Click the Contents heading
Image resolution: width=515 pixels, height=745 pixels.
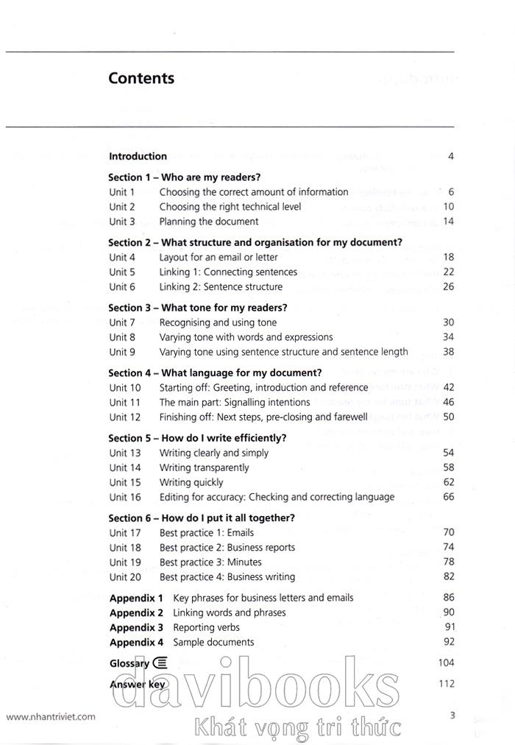point(141,78)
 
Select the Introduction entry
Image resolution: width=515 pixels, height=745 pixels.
point(138,156)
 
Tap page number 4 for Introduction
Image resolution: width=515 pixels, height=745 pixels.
point(450,156)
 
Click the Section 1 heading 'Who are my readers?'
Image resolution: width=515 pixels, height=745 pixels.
point(185,177)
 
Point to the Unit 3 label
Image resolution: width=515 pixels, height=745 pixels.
point(122,222)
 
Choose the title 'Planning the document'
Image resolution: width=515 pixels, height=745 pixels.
point(209,222)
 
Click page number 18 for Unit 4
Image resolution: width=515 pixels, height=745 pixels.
point(448,257)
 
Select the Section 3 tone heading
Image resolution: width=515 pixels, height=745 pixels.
point(197,308)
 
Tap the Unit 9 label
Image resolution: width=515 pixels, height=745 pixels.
point(122,352)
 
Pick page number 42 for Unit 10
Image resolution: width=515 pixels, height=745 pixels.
point(448,387)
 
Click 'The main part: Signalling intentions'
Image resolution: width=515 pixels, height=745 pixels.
point(235,403)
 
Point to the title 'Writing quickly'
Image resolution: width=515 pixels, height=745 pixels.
point(191,482)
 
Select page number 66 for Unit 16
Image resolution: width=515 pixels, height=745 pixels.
point(448,497)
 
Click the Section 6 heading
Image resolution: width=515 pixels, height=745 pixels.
point(202,518)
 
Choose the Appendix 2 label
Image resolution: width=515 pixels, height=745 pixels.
point(136,612)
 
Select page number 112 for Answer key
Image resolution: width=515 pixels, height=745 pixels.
point(446,684)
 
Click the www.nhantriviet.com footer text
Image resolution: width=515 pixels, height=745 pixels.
point(51,716)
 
